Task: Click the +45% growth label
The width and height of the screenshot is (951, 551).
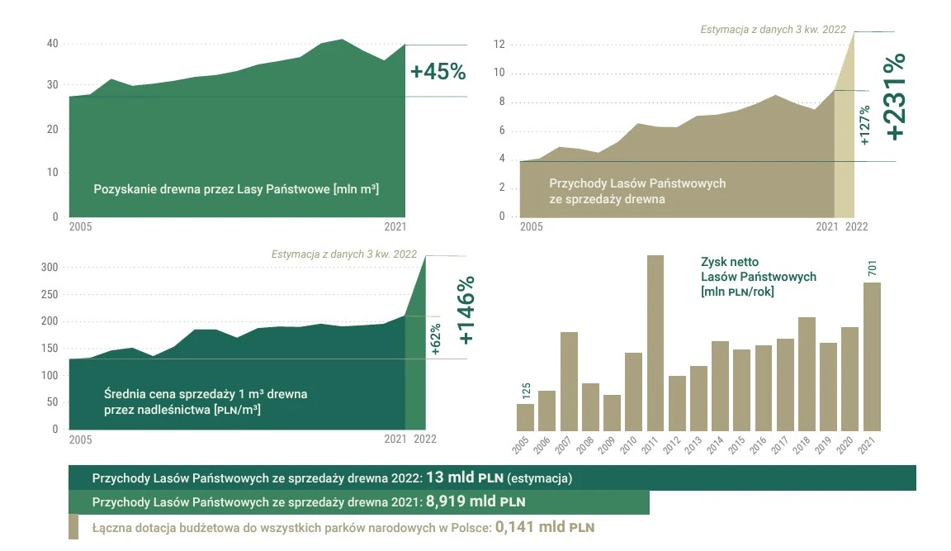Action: [438, 72]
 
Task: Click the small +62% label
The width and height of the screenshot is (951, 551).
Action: [435, 340]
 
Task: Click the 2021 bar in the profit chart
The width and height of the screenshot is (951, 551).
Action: [872, 356]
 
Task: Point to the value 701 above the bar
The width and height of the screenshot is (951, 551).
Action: [873, 269]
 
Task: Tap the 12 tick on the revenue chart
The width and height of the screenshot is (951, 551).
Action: [499, 45]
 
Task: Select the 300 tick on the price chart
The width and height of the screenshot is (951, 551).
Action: [50, 268]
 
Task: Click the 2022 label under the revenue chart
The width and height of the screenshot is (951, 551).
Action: [856, 226]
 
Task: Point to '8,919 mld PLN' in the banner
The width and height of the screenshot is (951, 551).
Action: [475, 501]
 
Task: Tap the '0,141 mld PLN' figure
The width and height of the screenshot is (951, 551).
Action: [545, 526]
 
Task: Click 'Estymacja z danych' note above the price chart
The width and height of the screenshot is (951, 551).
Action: [343, 254]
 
